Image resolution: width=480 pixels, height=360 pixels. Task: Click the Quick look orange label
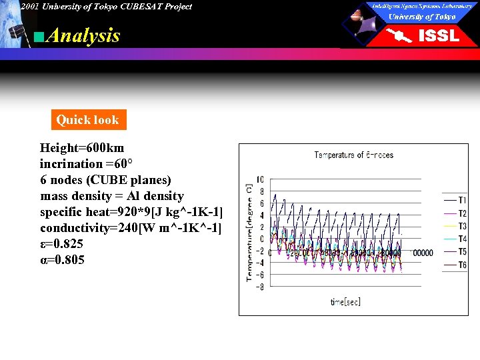87,120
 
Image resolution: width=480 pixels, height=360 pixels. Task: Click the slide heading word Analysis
84,35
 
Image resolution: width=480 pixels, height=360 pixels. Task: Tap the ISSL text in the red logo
438,35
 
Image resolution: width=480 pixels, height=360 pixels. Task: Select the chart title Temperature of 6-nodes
353,155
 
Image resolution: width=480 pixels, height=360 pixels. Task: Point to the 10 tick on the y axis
260,179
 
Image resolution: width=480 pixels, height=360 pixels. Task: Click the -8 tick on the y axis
259,287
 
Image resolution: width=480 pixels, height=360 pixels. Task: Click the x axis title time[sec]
345,302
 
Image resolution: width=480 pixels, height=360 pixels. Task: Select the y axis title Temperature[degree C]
249,232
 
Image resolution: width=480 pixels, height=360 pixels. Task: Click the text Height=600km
82,147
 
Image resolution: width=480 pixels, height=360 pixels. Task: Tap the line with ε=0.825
62,244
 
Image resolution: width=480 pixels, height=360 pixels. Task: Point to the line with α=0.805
62,260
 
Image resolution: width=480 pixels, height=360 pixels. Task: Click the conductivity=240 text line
131,228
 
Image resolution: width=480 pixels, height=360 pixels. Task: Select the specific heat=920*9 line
131,212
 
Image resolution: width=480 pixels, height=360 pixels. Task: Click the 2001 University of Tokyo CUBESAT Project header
105,7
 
